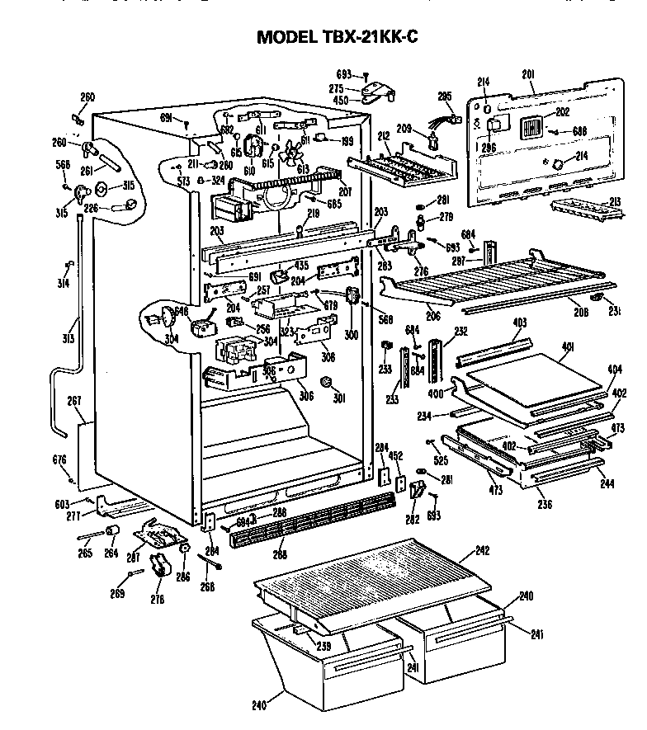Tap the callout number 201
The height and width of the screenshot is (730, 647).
pos(529,75)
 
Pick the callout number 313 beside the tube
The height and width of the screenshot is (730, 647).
pos(67,338)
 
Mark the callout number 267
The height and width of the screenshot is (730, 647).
pos(73,401)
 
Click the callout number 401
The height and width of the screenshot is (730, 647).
pos(567,348)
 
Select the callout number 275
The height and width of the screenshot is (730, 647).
pos(337,88)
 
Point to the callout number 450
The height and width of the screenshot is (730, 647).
pos(337,101)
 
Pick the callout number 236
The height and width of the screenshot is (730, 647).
pos(545,503)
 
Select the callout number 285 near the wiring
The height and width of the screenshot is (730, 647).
pos(445,97)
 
